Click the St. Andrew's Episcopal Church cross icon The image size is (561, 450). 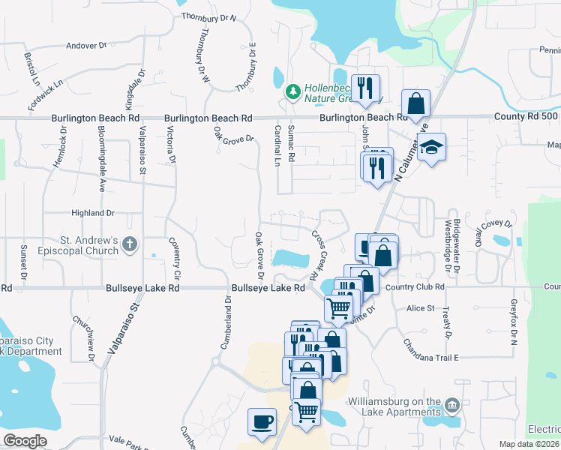click(x=130, y=244)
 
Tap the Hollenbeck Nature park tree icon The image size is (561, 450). click(x=292, y=92)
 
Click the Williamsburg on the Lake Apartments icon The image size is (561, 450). click(x=451, y=406)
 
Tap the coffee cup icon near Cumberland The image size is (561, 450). click(x=262, y=421)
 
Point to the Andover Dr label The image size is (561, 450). click(x=87, y=46)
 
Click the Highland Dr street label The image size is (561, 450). click(x=93, y=213)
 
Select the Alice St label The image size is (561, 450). click(x=421, y=308)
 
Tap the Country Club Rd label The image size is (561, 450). click(x=416, y=286)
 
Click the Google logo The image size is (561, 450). click(x=25, y=441)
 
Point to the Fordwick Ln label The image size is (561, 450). click(x=44, y=95)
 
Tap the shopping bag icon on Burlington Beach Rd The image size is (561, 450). click(x=415, y=103)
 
